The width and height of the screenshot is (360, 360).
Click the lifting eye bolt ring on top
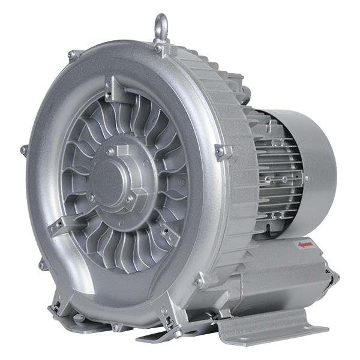pos(161,25)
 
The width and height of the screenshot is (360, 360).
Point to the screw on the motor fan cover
pos(307,178)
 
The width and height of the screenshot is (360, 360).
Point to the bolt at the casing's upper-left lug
pos(72,55)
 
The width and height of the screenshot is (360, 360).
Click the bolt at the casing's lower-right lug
pos(199,281)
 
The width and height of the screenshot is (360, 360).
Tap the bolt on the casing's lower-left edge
pos(42,264)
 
